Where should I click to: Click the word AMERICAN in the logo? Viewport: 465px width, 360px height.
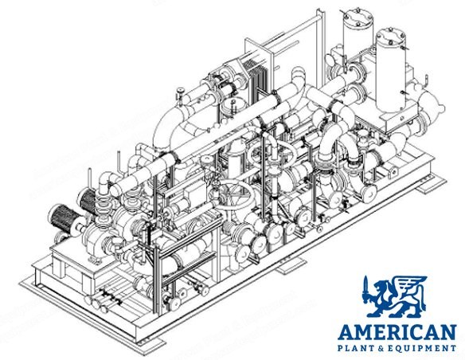coord(397,332)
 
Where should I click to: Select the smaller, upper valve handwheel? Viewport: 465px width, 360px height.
coord(272,152)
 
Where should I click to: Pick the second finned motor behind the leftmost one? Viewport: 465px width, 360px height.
coord(88,200)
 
